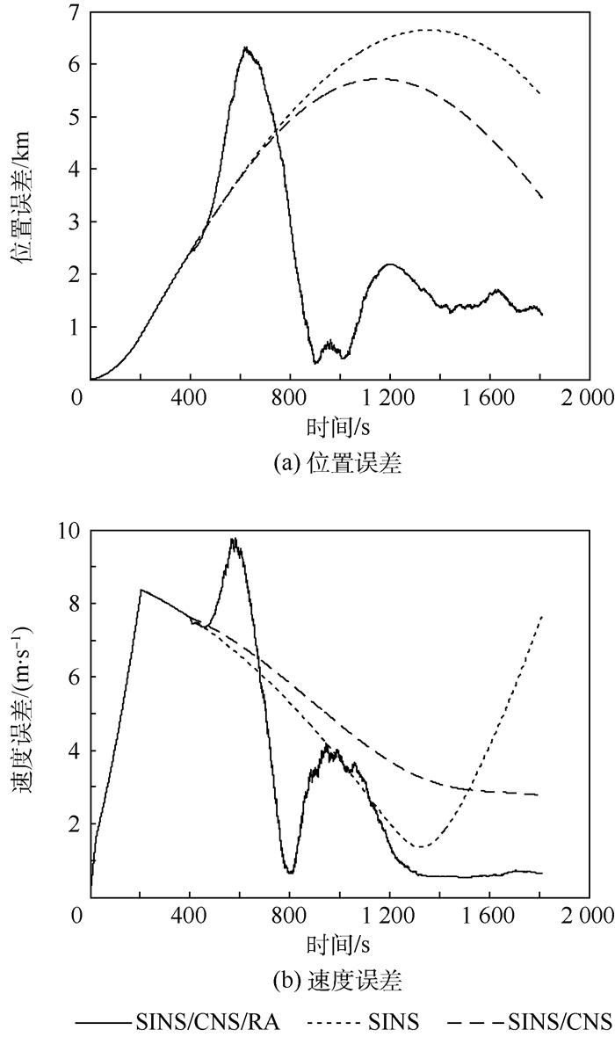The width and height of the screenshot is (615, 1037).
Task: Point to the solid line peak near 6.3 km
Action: (x=246, y=47)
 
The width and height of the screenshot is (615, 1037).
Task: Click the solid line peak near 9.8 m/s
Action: (x=234, y=539)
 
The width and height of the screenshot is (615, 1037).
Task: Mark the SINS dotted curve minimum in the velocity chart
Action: (x=423, y=847)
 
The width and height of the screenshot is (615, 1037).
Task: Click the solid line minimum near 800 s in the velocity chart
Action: (x=289, y=872)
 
